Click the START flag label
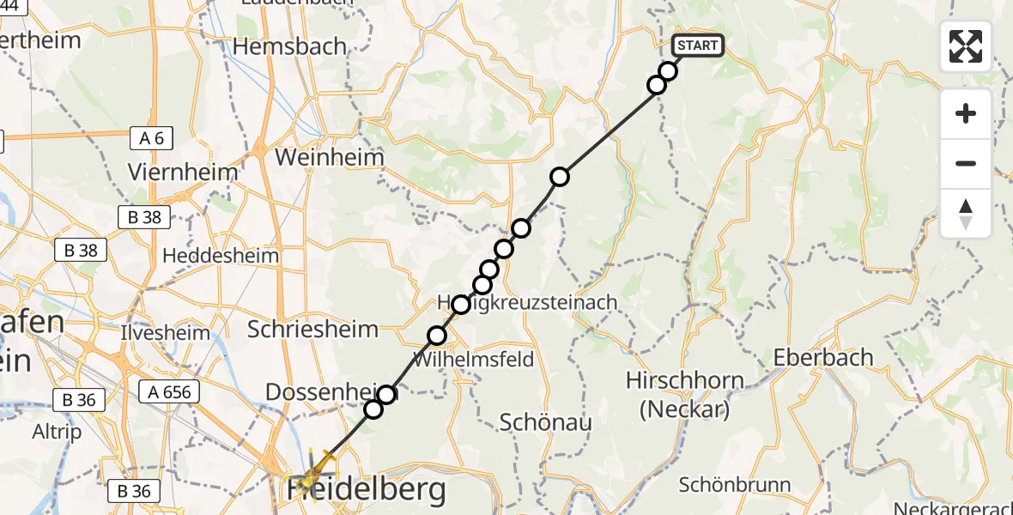pyautogui.click(x=698, y=45)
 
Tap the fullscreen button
pyautogui.click(x=966, y=46)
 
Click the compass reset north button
pyautogui.click(x=966, y=214)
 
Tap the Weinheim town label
pyautogui.click(x=329, y=159)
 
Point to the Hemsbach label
pyautogui.click(x=289, y=46)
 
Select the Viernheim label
pyautogui.click(x=182, y=172)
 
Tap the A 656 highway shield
pyautogui.click(x=169, y=392)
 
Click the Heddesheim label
pyautogui.click(x=221, y=256)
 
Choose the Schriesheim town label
pyautogui.click(x=312, y=329)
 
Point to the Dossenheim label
pyautogui.click(x=317, y=392)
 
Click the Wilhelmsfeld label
pyautogui.click(x=474, y=359)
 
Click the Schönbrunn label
pyautogui.click(x=734, y=485)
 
